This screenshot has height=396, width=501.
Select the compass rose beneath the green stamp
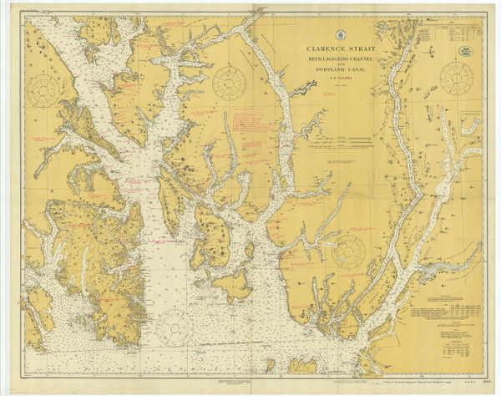pos(456,79)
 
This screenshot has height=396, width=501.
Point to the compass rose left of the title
pos(228,82)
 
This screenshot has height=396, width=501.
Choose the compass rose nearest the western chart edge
pos(43,89)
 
